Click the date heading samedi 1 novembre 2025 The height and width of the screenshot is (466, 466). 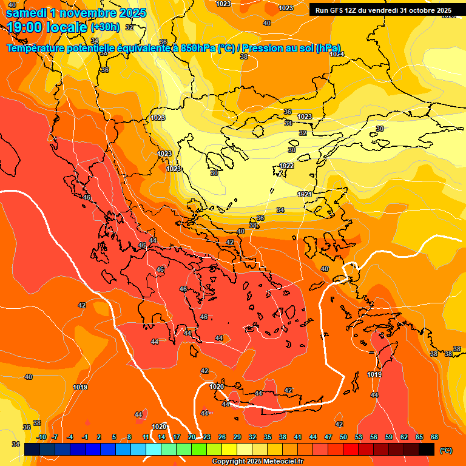76,13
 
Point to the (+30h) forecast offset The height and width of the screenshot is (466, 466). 105,27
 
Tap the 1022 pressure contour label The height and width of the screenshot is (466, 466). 287,166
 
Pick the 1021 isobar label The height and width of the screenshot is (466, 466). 305,194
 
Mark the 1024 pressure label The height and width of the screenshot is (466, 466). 337,54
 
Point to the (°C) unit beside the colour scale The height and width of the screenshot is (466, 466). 446,450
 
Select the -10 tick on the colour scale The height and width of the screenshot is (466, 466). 41,437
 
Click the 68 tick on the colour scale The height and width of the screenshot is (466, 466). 434,437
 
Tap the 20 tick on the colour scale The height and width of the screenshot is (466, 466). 192,437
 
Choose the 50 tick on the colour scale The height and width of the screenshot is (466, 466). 343,437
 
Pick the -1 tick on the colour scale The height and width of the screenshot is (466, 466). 86,437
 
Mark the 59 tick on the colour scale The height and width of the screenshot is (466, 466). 389,437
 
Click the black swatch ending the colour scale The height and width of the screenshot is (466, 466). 427,449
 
